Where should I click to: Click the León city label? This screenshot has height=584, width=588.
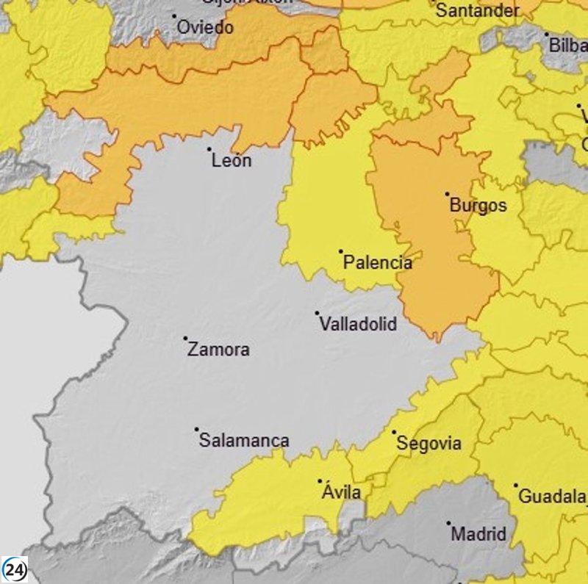click(232, 160)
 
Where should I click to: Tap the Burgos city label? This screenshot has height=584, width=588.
click(478, 206)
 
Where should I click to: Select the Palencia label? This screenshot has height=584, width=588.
click(378, 262)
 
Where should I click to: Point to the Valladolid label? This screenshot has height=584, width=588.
click(358, 324)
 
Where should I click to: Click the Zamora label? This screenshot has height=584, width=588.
click(218, 350)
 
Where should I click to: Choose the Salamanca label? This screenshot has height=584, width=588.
click(245, 441)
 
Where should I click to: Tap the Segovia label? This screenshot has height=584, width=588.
click(429, 444)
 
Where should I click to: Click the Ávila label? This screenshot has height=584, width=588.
click(342, 492)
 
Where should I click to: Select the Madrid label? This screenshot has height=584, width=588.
click(478, 534)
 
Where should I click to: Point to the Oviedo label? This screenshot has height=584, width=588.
click(206, 28)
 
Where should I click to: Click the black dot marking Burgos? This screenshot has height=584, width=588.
click(447, 195)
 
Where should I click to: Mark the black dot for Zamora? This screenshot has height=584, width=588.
click(185, 339)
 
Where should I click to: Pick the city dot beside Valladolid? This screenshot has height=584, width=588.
click(318, 312)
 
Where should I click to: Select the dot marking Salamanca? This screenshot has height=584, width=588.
click(197, 430)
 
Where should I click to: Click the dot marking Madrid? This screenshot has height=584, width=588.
click(448, 523)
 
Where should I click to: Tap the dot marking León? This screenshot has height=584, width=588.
click(209, 149)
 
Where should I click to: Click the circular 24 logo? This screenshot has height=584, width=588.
click(15, 569)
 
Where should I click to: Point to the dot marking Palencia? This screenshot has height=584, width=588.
click(341, 251)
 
